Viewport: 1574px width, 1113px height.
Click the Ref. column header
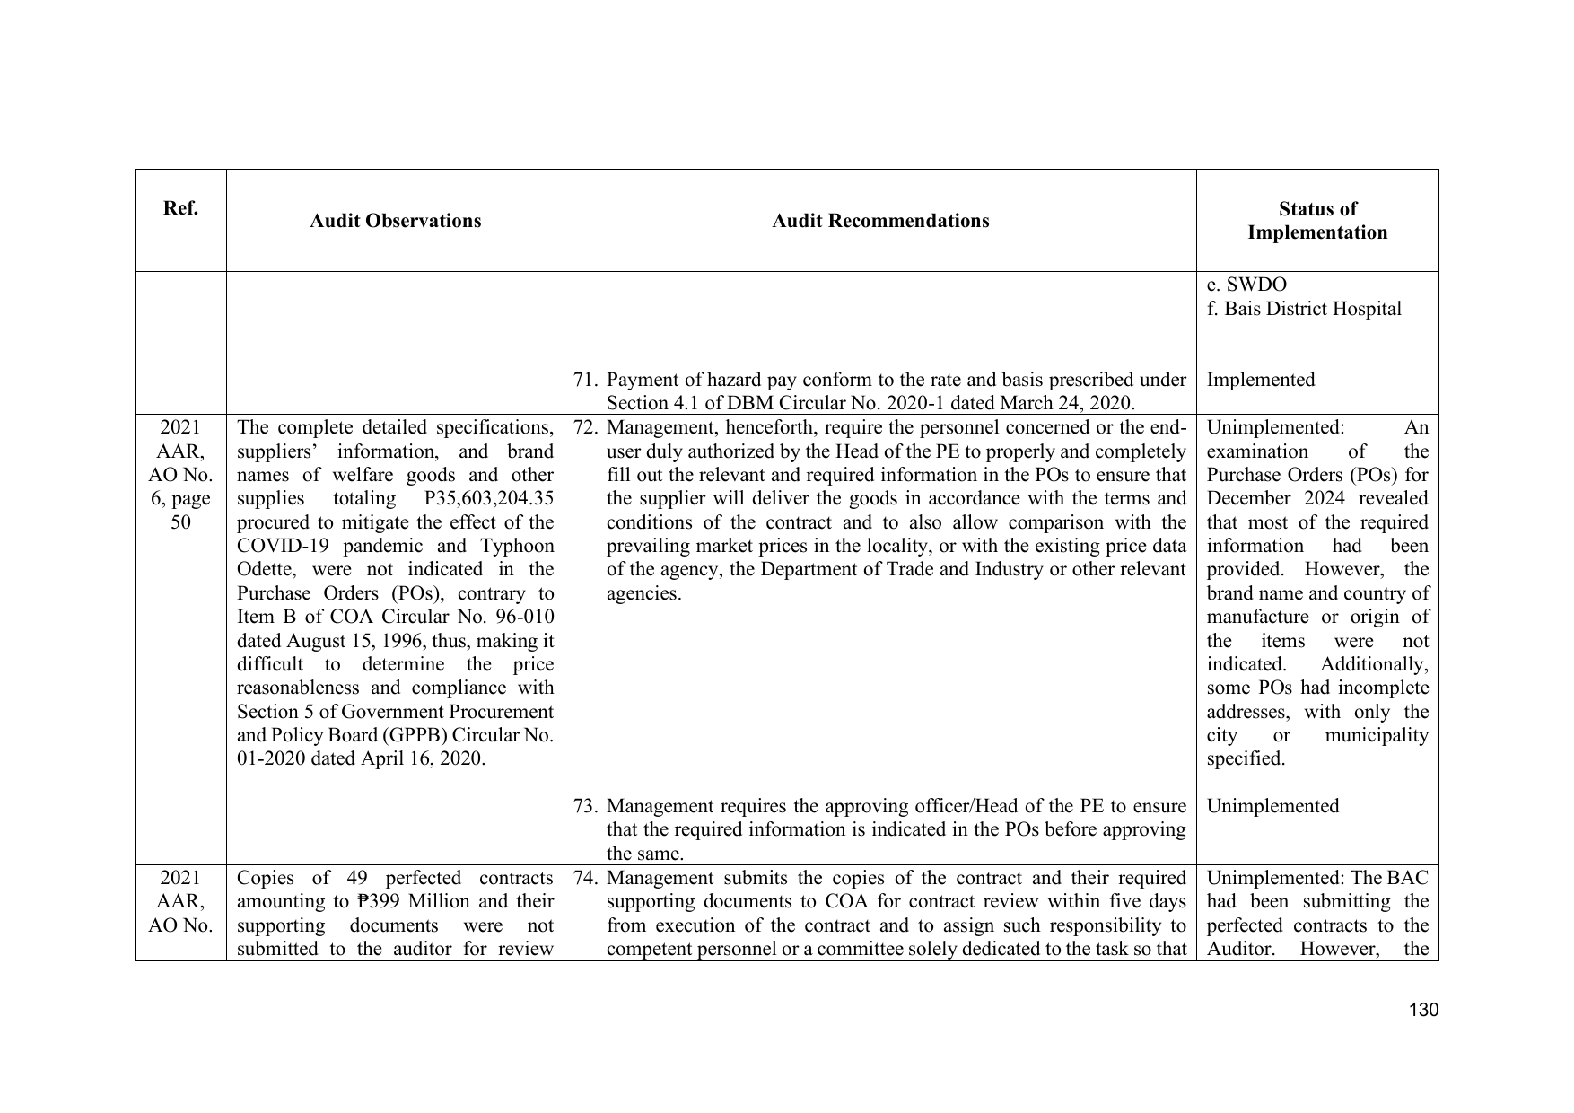click(180, 209)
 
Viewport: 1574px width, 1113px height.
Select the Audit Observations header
click(395, 221)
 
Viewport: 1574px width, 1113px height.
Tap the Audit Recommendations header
click(880, 221)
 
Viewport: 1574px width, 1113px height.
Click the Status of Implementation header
click(1316, 221)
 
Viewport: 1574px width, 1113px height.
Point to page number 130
click(1423, 1010)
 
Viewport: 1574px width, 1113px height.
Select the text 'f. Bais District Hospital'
click(1304, 309)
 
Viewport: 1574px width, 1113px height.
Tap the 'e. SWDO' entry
click(1246, 285)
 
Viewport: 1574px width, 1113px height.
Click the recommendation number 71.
click(585, 380)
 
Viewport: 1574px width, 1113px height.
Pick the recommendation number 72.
click(585, 427)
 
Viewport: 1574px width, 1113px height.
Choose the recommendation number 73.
click(585, 806)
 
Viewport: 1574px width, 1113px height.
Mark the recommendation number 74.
click(585, 878)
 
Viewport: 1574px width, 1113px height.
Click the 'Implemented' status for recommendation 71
click(1260, 380)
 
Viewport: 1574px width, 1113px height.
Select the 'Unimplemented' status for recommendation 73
click(1272, 806)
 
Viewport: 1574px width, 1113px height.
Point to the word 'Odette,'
click(267, 569)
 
